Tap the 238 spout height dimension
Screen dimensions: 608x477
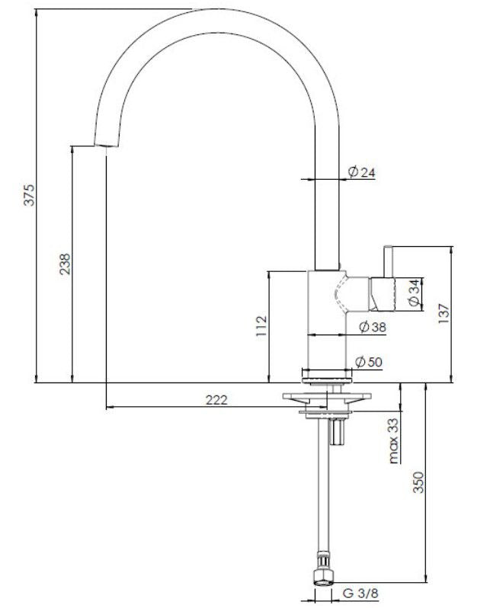[x=66, y=263]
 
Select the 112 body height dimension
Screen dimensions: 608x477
[x=261, y=326]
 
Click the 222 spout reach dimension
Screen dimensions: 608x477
[x=217, y=400]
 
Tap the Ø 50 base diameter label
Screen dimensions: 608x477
[x=369, y=361]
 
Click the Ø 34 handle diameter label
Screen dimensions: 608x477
[x=413, y=293]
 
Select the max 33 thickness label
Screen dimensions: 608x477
[x=393, y=440]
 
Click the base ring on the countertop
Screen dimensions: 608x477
[x=328, y=374]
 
